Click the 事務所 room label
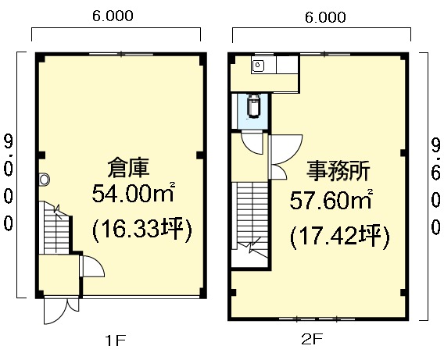(338, 170)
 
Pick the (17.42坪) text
(340, 237)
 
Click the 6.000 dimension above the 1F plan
(113, 16)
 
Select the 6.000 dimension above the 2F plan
(325, 17)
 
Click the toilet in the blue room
(254, 106)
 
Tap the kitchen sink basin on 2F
(258, 66)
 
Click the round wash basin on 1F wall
(45, 180)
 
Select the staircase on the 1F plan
(56, 228)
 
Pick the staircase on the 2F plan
(250, 219)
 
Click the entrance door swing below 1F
(62, 310)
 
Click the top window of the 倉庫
(121, 54)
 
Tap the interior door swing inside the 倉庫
(93, 266)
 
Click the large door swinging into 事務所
(285, 149)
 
